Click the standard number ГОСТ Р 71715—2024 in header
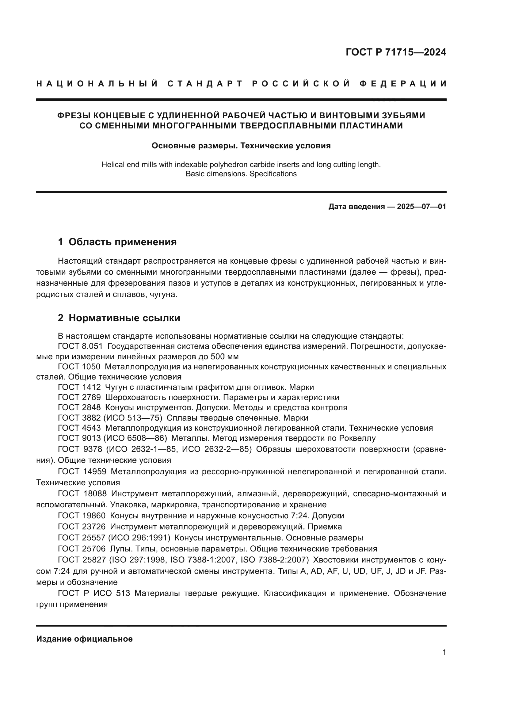click(x=395, y=52)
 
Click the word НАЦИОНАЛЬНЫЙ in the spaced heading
click(x=97, y=84)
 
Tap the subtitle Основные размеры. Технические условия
click(x=241, y=146)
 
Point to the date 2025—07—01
click(x=421, y=207)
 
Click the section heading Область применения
click(x=122, y=242)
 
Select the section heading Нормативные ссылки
click(x=124, y=318)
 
